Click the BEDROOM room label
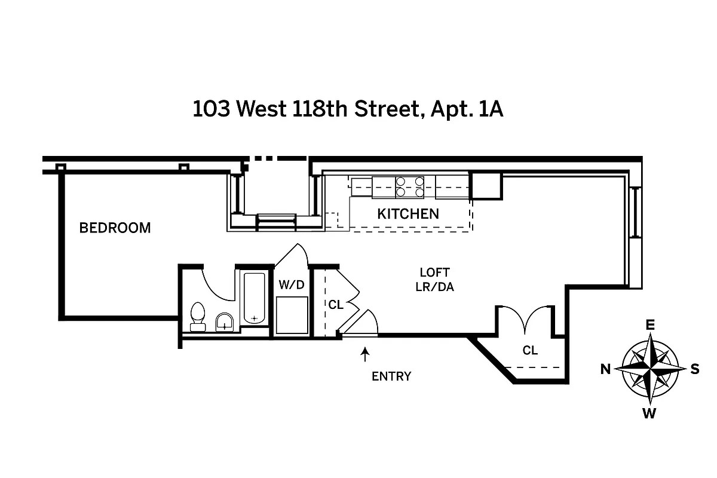coord(115,228)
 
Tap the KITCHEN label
coord(408,214)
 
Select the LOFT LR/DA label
coord(434,280)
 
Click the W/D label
coord(292,285)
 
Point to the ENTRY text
coord(391,376)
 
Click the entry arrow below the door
coord(364,356)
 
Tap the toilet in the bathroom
coord(197,316)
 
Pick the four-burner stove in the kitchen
coord(410,186)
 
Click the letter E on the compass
coord(650,325)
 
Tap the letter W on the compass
coord(650,413)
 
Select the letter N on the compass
coord(605,369)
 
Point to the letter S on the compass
coord(695,369)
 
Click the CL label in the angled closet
coord(530,351)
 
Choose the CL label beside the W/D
coord(336,304)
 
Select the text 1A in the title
coord(491,110)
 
